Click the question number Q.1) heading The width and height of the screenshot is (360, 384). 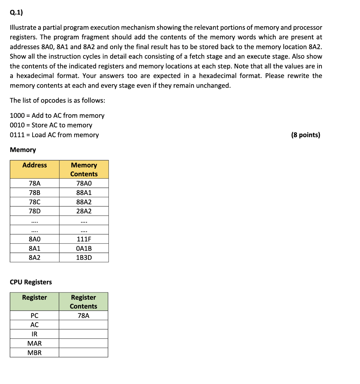[16, 12]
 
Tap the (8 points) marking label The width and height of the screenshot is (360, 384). [305, 135]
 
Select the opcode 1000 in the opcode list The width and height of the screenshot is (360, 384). [17, 116]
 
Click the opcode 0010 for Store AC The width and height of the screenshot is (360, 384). [17, 125]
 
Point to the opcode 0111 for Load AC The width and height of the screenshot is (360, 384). [17, 135]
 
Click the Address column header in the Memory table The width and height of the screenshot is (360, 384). [35, 165]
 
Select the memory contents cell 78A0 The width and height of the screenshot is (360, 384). [84, 183]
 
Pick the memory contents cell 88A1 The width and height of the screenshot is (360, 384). [84, 193]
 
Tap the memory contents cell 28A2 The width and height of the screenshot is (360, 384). [84, 211]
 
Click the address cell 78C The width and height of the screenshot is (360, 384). [35, 202]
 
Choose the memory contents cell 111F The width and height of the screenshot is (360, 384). [84, 239]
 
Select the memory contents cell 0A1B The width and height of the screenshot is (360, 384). [84, 248]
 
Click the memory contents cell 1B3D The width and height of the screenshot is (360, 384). [84, 257]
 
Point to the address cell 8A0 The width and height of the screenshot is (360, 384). [35, 239]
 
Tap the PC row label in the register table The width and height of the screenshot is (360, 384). [34, 316]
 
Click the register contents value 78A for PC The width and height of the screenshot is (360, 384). [83, 316]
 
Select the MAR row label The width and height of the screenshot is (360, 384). [34, 343]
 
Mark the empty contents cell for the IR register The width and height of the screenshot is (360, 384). [83, 334]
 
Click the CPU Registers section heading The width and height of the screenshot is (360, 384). [31, 282]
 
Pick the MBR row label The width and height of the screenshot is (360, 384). [34, 353]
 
